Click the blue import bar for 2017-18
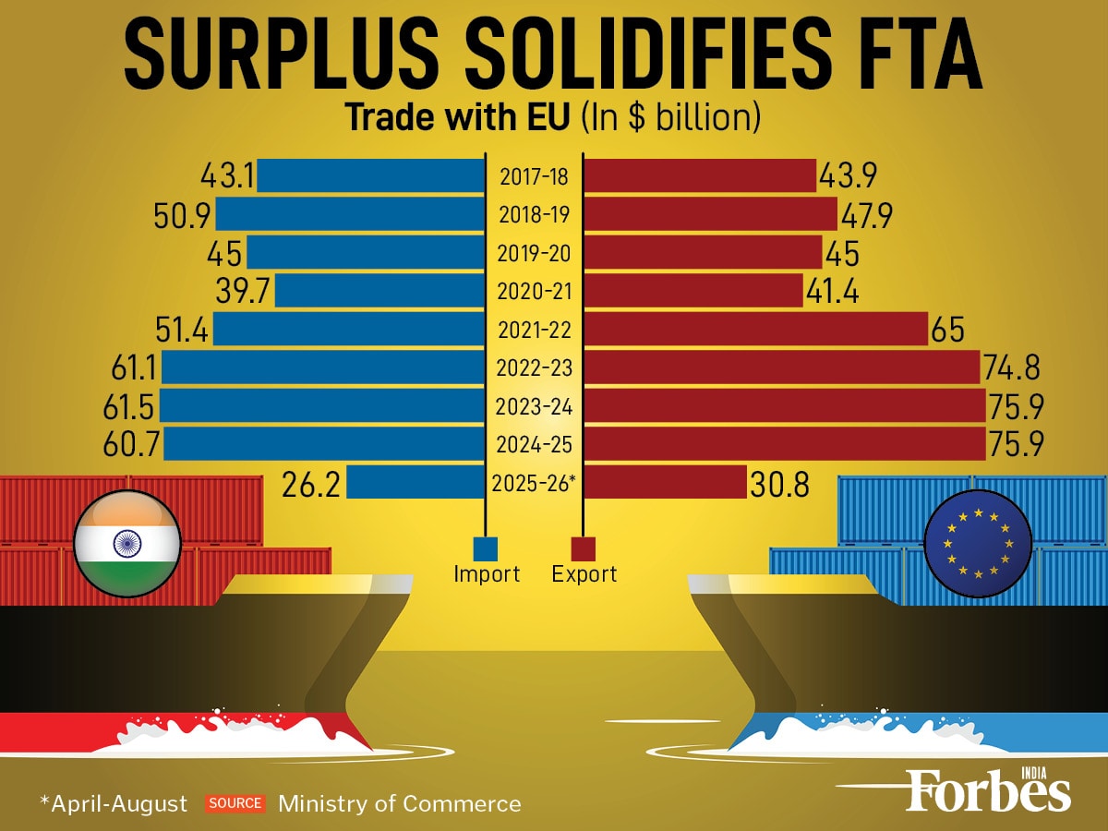tap(371, 176)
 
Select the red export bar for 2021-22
tap(755, 329)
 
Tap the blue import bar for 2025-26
tap(415, 482)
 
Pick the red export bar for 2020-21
tap(693, 291)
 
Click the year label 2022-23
tap(534, 368)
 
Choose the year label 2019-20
tap(534, 253)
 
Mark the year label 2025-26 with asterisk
tap(534, 483)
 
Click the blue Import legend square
tap(486, 548)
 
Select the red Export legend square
tap(584, 548)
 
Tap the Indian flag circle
tap(127, 542)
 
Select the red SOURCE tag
tap(235, 803)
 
